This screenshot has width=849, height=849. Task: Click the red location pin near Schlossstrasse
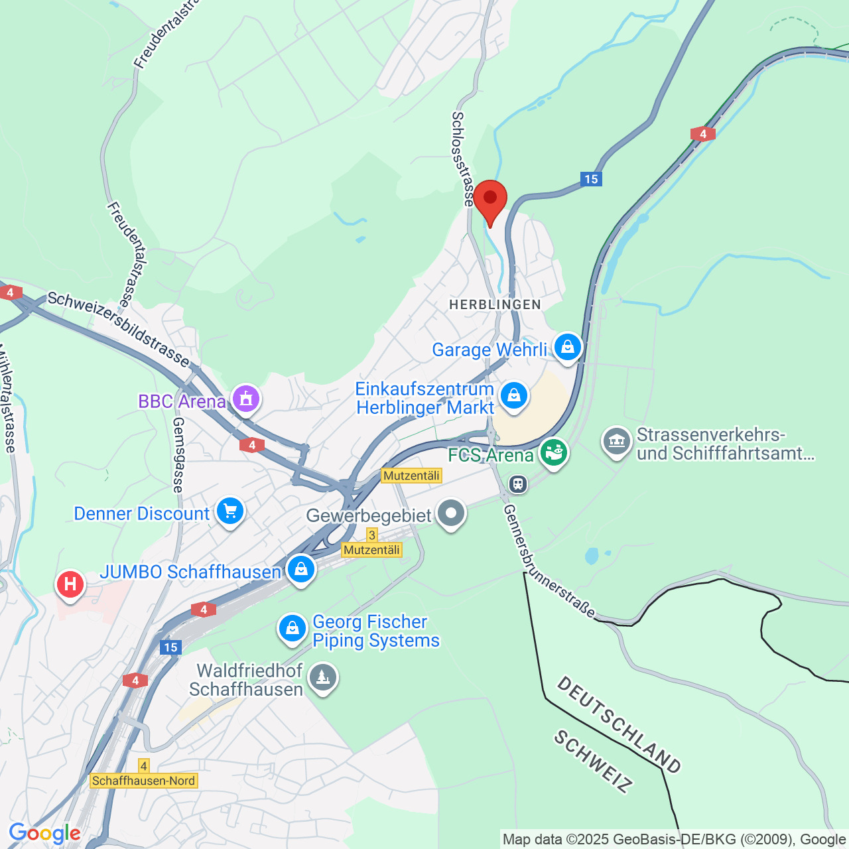pos(490,200)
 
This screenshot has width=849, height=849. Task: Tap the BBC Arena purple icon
pos(246,399)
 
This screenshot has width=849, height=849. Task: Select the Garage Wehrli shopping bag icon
pos(567,347)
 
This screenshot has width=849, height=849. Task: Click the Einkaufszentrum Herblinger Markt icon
pos(513,396)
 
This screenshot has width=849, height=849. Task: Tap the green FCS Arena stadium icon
pos(553,453)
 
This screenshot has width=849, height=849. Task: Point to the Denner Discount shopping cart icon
pos(230,511)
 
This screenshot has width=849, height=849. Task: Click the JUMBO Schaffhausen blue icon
pos(301,569)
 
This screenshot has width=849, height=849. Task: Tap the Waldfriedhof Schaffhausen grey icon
pos(323,678)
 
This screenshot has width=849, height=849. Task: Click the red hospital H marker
pos(70,584)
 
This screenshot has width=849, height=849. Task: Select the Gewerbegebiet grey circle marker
pos(451,513)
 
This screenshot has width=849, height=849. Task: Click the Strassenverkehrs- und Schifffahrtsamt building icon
pos(617,441)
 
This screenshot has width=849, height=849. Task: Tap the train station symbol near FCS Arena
pos(518,484)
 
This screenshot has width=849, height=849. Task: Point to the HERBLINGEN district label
pos(495,304)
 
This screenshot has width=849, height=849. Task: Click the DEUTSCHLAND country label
pos(618,725)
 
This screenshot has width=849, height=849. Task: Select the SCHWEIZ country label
pos(592,762)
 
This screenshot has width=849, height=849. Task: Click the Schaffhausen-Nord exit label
pos(144,781)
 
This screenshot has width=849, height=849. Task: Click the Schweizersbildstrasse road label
pos(119,328)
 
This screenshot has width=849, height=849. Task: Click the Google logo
pos(44,833)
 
